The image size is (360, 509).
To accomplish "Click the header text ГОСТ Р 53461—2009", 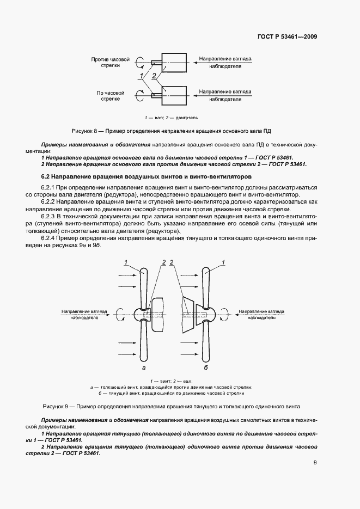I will tap(287, 37).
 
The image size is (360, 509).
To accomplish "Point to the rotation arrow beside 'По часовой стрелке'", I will tap(141, 96).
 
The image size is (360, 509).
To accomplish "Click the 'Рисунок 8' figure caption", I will tap(172, 131).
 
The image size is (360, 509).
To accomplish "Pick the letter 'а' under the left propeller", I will tap(143, 369).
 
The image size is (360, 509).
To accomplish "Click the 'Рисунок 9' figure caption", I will tap(171, 407).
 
